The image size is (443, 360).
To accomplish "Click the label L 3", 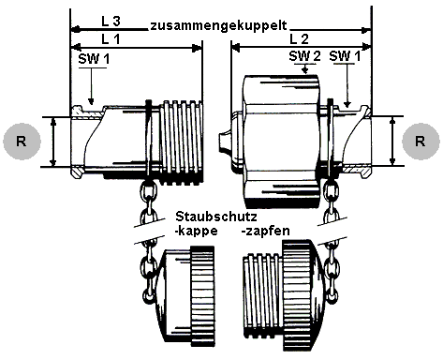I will [110, 21].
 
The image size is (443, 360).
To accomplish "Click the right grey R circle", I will [421, 142].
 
